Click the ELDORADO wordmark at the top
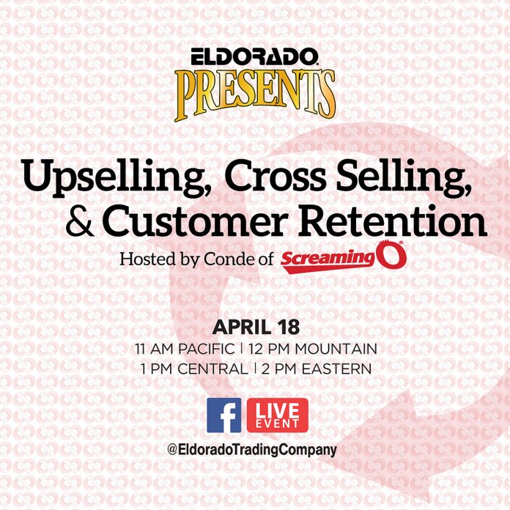tap(254, 56)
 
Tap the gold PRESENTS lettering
tap(255, 95)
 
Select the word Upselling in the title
tap(116, 179)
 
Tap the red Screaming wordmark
tap(328, 261)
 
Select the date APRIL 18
tap(256, 328)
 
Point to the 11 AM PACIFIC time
tap(185, 349)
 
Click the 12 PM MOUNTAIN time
tap(313, 349)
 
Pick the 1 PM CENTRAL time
tap(194, 369)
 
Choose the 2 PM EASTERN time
tap(316, 369)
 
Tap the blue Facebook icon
tap(224, 415)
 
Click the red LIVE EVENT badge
tap(278, 415)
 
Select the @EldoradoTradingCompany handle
tap(252, 450)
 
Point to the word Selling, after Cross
tap(403, 179)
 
